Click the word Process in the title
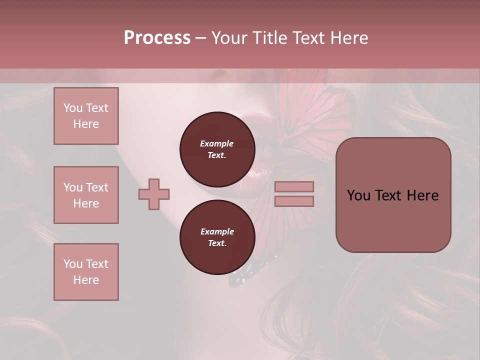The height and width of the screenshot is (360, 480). (157, 38)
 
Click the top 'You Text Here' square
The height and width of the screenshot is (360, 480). (86, 116)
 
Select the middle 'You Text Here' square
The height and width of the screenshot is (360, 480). (86, 195)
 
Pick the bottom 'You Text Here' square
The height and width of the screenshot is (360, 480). (86, 272)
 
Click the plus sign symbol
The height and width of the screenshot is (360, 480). (154, 194)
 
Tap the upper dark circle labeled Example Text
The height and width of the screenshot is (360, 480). (217, 149)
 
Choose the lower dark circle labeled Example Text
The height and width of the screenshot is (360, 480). (217, 237)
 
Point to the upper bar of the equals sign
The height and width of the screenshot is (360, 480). (294, 186)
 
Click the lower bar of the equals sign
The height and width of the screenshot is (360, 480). (294, 201)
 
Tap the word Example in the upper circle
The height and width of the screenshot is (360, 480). (217, 143)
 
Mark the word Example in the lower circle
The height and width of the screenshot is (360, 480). (217, 231)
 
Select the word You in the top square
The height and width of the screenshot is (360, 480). (72, 108)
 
